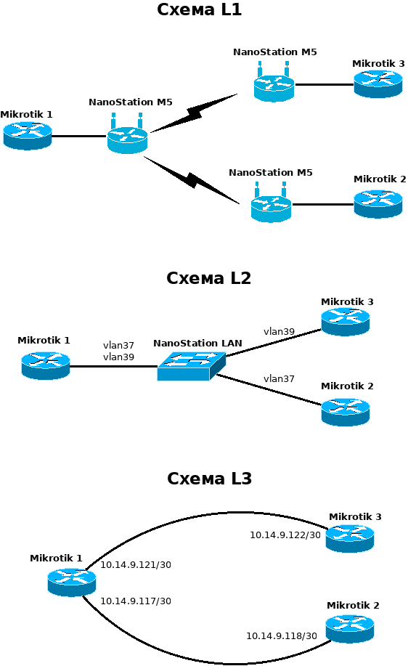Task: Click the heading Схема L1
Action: click(199, 9)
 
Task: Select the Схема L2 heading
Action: click(208, 277)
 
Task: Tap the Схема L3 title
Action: click(209, 479)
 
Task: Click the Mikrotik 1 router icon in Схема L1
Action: click(28, 136)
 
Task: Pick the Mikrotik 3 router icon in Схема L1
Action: click(378, 84)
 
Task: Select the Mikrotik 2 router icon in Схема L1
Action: click(378, 204)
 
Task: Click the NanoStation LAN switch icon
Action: click(192, 366)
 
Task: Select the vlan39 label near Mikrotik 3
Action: click(279, 331)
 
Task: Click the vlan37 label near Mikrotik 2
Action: click(279, 378)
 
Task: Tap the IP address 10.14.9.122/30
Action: click(285, 535)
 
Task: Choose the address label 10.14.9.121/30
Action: click(136, 564)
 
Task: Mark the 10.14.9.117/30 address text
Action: click(136, 601)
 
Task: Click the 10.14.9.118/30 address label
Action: click(282, 635)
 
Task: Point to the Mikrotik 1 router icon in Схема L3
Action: click(72, 582)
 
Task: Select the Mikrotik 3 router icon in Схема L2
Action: click(346, 322)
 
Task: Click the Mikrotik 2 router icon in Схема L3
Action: click(350, 629)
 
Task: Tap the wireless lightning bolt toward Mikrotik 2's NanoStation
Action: click(192, 180)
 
